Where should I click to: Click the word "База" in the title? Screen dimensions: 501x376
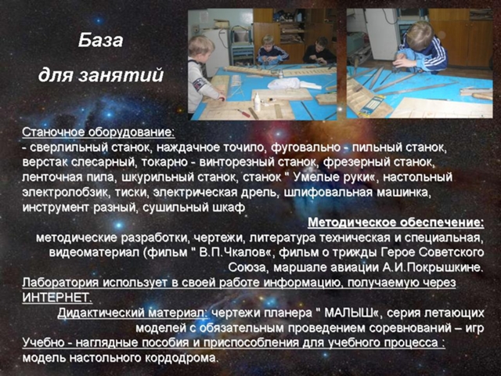[101, 41]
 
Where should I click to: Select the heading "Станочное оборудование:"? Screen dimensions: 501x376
[99, 132]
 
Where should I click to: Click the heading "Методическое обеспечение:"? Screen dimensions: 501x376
[396, 222]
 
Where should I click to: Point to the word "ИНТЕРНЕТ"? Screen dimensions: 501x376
[56, 298]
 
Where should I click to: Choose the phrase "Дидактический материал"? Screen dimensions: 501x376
[132, 313]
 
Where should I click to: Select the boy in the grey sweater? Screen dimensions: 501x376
[202, 74]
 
